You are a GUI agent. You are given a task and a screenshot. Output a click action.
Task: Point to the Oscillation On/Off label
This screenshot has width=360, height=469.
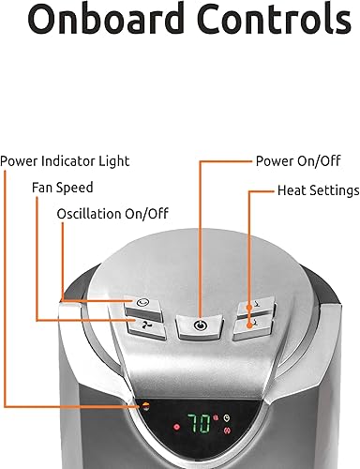(x=112, y=213)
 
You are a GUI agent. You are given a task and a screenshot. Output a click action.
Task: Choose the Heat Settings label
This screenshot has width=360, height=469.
(x=318, y=190)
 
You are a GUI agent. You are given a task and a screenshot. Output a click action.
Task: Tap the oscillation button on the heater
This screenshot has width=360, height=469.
(x=143, y=303)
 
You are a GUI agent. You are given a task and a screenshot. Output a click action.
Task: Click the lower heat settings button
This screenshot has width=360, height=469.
(x=254, y=323)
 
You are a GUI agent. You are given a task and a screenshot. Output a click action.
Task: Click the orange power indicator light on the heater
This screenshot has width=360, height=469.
(x=145, y=405)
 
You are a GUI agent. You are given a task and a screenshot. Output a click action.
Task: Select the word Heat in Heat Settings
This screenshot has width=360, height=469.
(x=292, y=190)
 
